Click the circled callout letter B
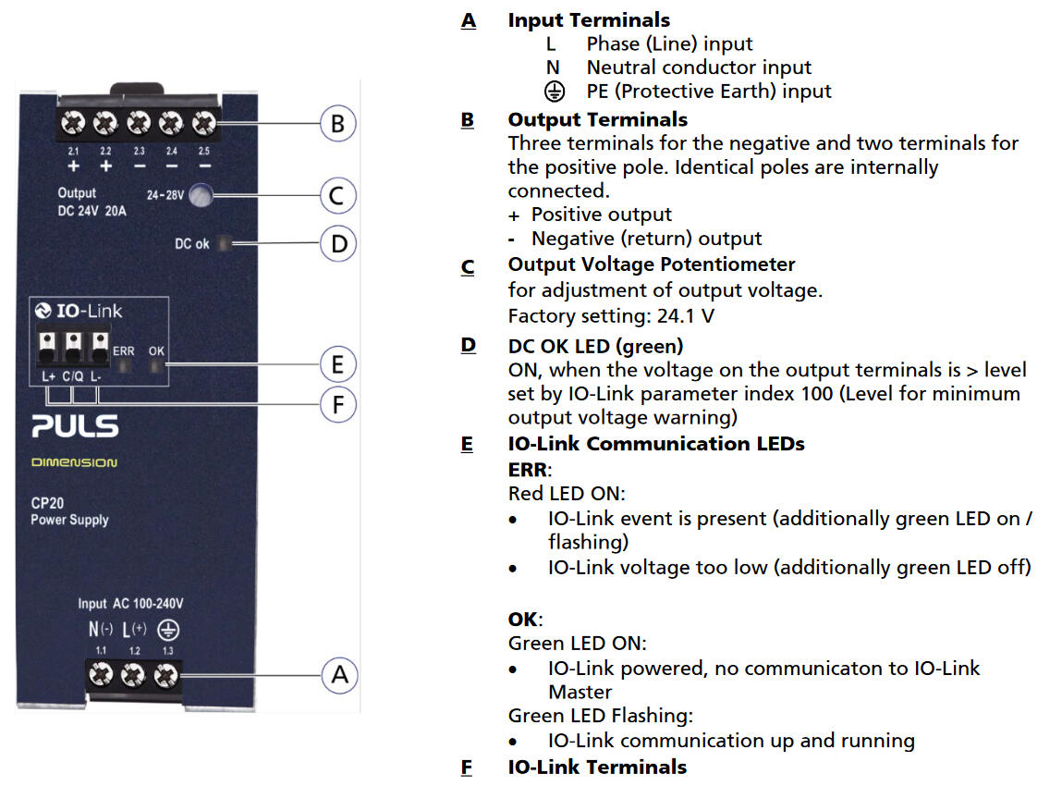338,123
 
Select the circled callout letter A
338,675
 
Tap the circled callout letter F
338,404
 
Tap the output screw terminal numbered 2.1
72,122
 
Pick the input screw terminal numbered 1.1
101,677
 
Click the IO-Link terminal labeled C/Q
73,346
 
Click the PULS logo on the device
75,426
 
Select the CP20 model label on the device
47,504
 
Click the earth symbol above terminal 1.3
168,630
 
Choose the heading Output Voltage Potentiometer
652,264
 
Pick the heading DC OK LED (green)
595,346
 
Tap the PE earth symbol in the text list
554,91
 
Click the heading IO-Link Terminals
597,767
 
